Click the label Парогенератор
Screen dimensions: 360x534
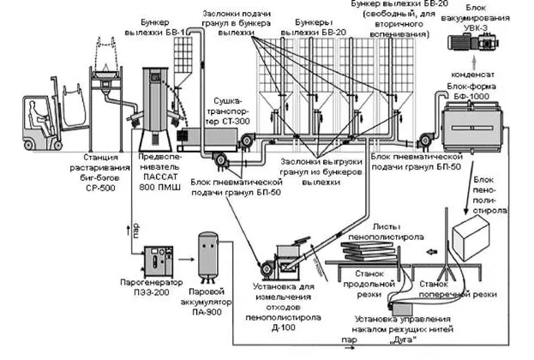[x=147, y=282]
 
